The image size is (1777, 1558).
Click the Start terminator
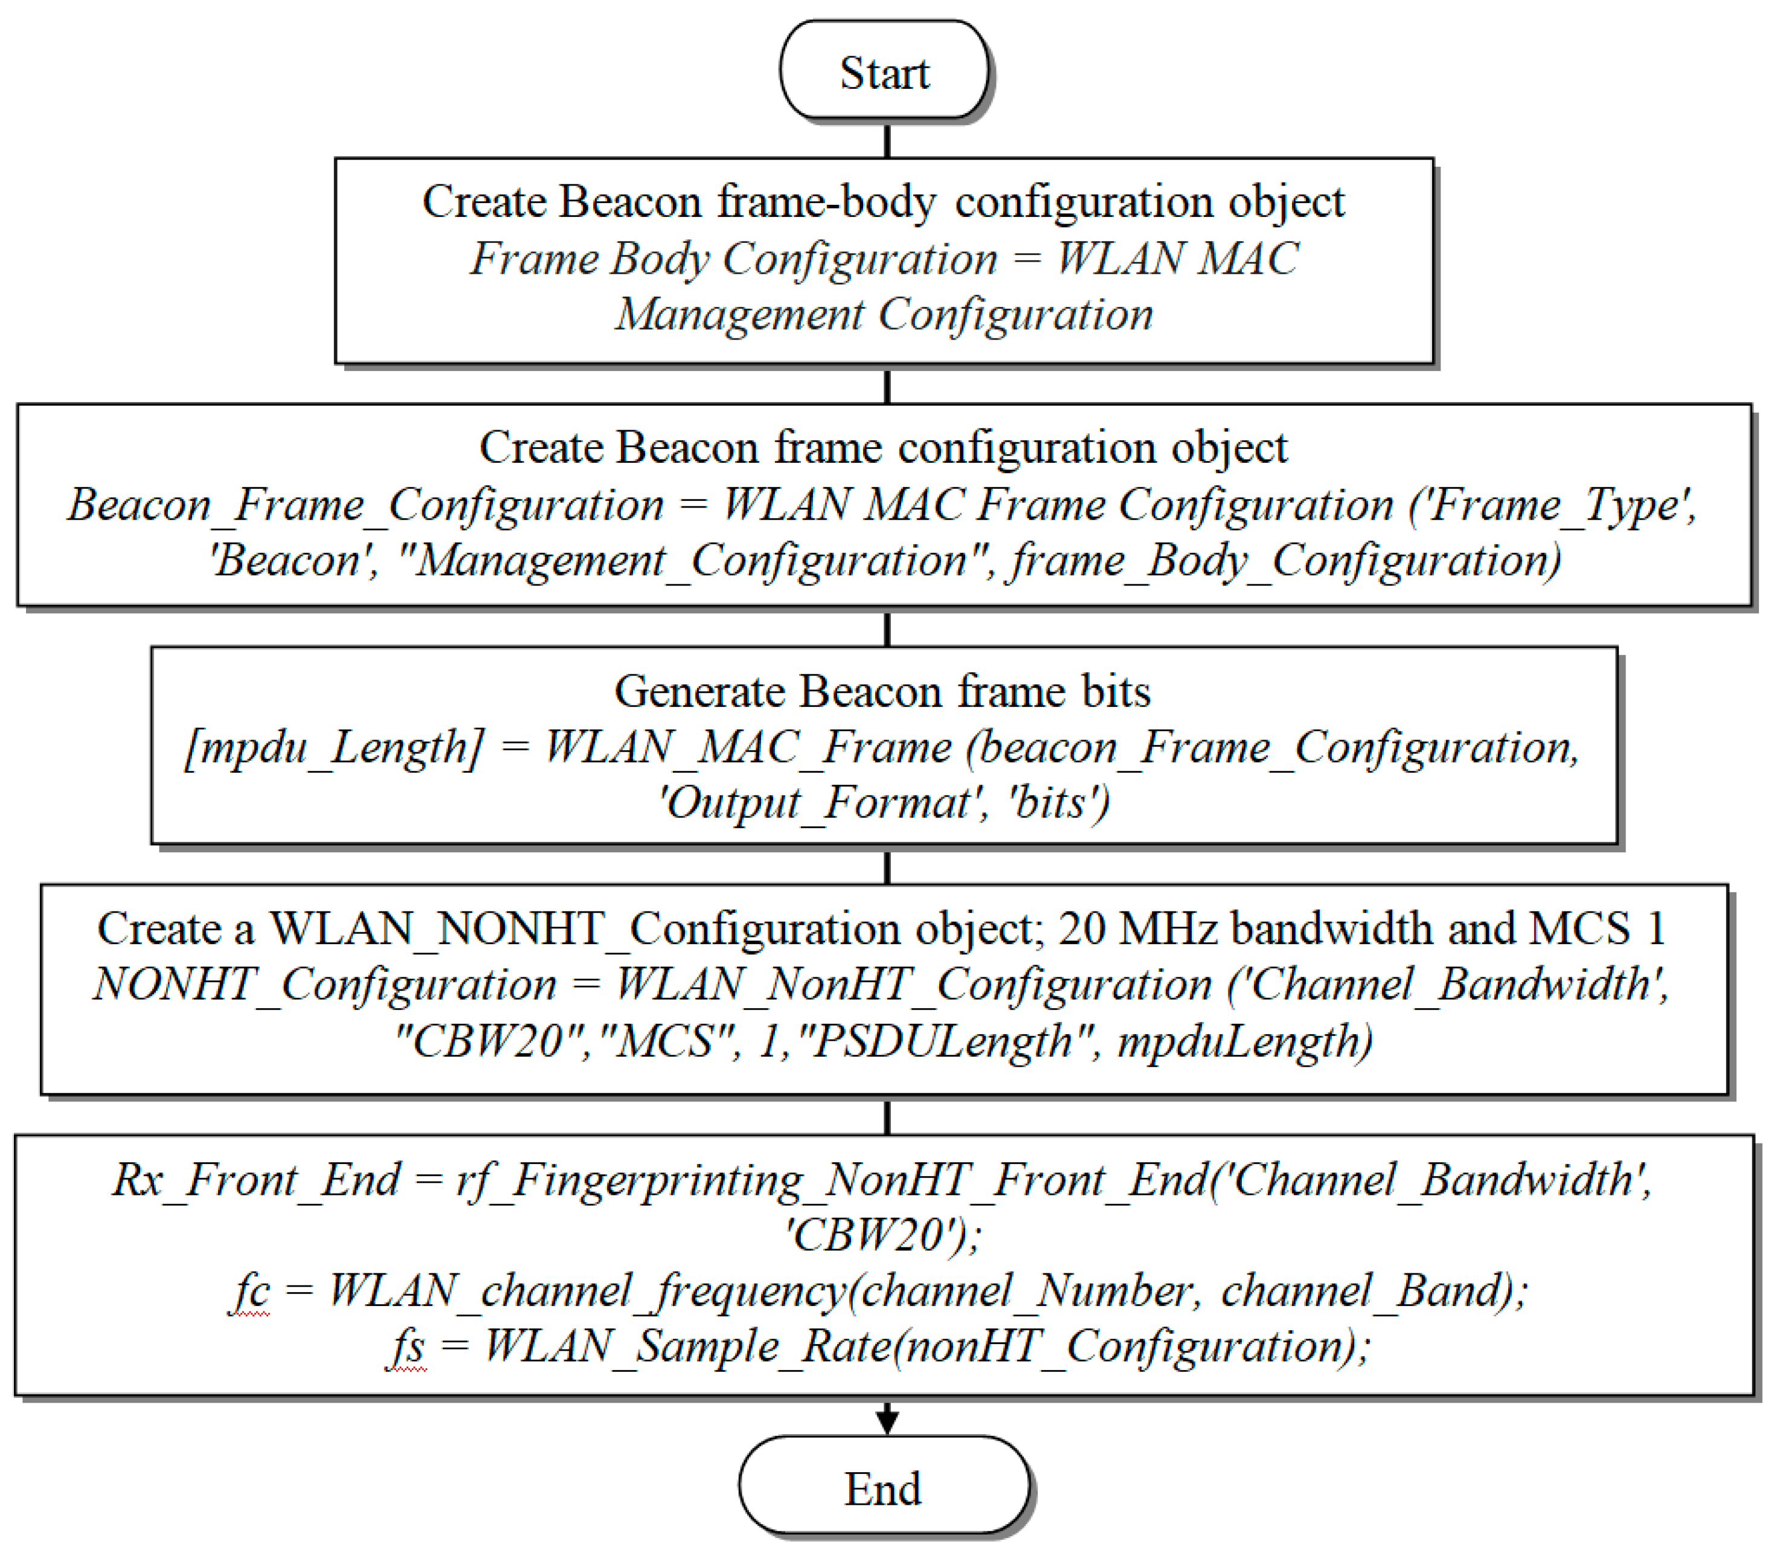884,71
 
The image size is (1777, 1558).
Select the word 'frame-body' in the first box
827,202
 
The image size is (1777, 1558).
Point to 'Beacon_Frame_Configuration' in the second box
365,504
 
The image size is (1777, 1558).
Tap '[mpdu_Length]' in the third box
335,748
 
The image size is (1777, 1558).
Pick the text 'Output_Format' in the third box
818,802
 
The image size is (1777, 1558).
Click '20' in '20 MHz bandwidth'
1081,929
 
